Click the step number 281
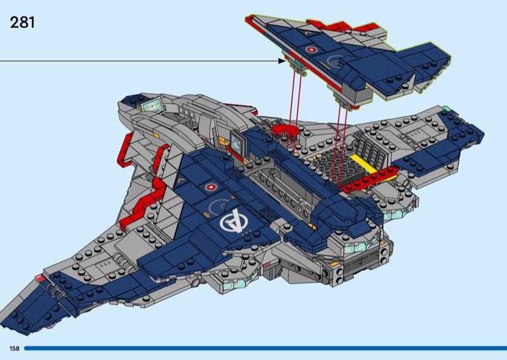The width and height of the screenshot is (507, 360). [x=22, y=23]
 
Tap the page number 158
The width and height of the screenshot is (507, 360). [x=14, y=349]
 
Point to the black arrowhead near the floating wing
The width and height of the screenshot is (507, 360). [x=281, y=61]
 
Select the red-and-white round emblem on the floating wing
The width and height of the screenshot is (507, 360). [x=311, y=50]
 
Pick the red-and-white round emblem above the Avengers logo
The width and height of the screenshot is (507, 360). [x=210, y=187]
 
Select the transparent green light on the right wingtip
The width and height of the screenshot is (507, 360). [x=446, y=108]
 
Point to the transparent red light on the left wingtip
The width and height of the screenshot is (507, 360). [x=40, y=278]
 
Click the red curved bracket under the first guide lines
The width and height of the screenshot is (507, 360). [x=285, y=130]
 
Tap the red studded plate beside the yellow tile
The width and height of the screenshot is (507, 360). [x=369, y=179]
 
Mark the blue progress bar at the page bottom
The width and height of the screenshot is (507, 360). [x=266, y=349]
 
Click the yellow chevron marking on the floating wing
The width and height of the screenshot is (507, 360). [x=307, y=33]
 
